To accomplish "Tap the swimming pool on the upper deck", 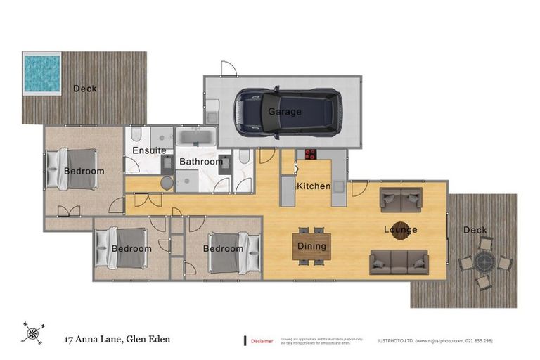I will [42, 73].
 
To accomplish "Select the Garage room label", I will [284, 111].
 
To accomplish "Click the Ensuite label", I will [149, 150].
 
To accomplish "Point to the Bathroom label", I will [200, 162].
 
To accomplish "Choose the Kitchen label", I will [313, 186].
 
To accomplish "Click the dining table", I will [311, 245].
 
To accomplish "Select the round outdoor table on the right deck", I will [485, 262].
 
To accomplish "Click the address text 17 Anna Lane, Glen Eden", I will [117, 339].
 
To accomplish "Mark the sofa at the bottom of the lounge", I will [399, 262].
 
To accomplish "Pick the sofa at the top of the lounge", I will [401, 200].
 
